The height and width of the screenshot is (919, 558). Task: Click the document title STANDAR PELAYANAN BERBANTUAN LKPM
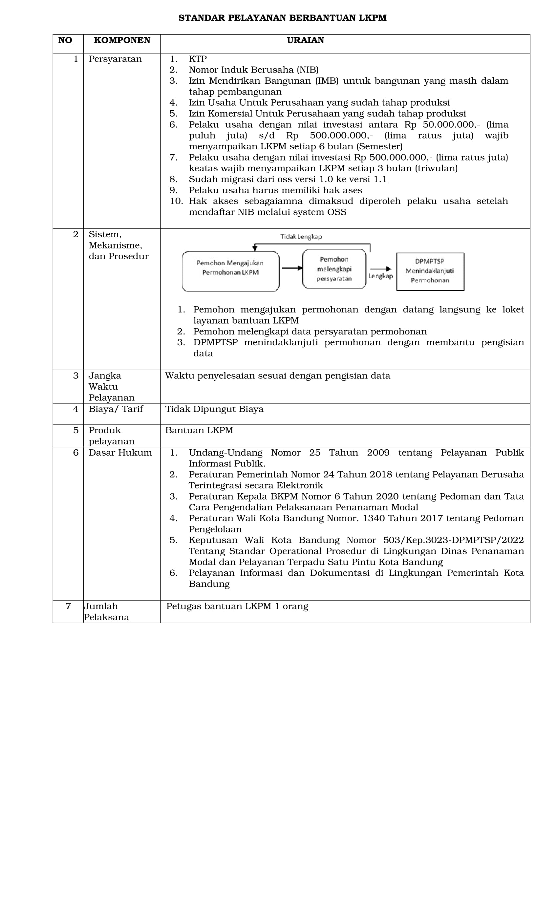coord(282,18)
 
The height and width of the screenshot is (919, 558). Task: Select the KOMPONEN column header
coord(122,40)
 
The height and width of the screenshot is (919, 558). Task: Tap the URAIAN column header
coord(305,40)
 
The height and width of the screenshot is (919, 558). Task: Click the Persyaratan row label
coord(115,59)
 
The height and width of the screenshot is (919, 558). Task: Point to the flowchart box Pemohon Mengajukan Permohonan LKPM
coord(230,271)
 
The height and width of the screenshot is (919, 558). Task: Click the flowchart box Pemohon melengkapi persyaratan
coord(334,269)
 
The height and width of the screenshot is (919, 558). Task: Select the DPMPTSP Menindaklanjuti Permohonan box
coord(430,271)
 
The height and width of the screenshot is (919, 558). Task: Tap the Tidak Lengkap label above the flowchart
coord(301,236)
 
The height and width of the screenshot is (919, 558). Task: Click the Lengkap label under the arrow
coord(380,276)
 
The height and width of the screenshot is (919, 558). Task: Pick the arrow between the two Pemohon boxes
coord(291,268)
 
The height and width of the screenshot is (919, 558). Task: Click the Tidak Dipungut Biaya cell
coord(214,409)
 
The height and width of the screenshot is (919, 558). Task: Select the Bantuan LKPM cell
coord(199,430)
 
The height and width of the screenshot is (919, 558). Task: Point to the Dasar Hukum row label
coord(120,453)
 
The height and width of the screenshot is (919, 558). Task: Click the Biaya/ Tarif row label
coord(116,409)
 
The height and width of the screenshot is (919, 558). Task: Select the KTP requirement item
coord(198,59)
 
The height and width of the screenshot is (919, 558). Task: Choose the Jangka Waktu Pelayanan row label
coord(111,386)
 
